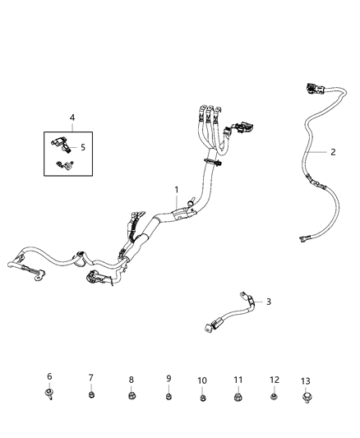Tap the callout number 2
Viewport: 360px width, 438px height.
click(332, 151)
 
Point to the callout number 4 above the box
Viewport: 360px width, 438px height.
click(72, 118)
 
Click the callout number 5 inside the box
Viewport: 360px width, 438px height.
click(81, 148)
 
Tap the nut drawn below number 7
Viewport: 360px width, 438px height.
click(91, 395)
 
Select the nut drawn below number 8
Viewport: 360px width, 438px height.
click(131, 396)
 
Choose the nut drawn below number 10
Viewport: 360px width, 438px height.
click(202, 399)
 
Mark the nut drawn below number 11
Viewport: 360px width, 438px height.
click(239, 398)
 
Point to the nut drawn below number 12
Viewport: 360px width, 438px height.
click(275, 398)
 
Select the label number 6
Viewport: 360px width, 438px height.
click(48, 376)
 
